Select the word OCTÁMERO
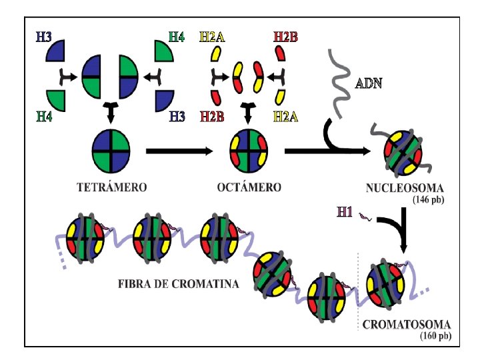click(248, 187)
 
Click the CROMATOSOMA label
click(407, 325)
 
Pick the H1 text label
click(344, 213)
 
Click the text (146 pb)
click(428, 199)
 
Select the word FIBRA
click(135, 283)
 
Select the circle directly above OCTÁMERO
click(248, 150)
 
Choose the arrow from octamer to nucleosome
click(327, 151)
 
